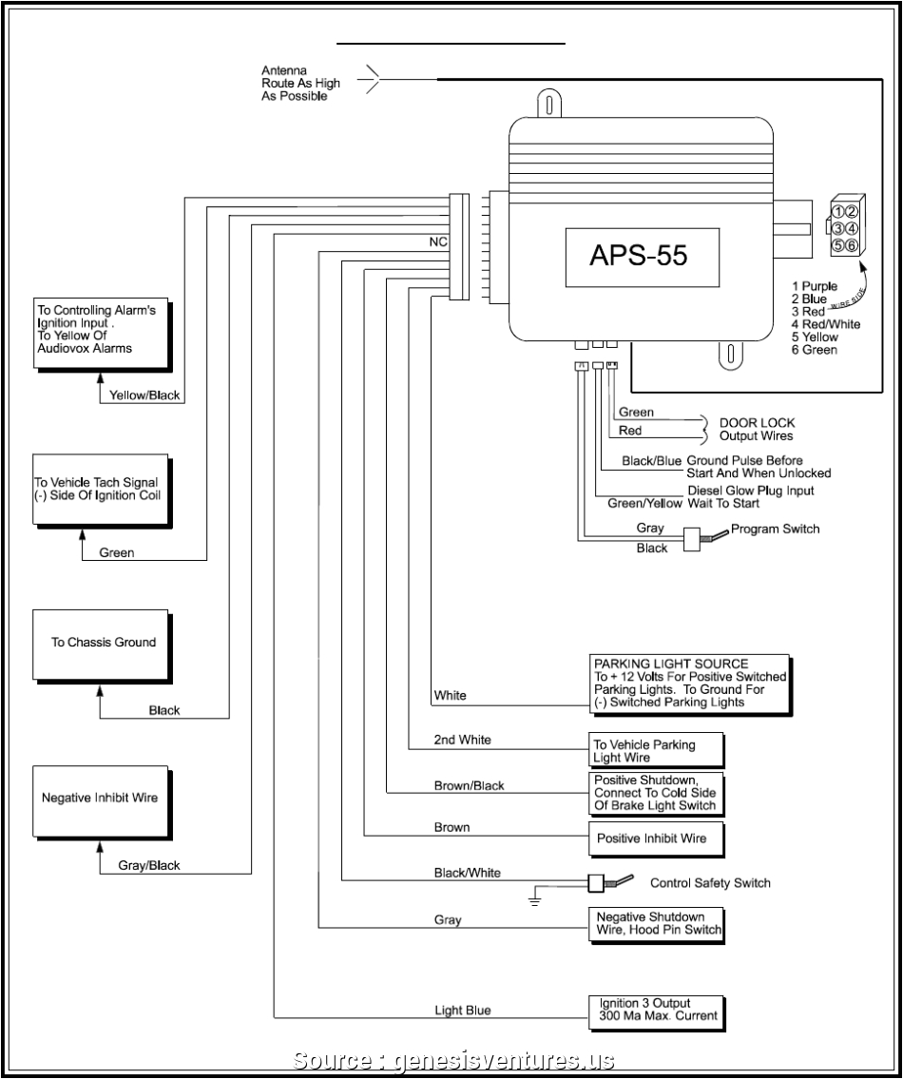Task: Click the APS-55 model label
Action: (x=638, y=257)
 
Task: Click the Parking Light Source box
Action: (x=689, y=683)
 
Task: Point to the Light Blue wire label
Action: (x=463, y=1010)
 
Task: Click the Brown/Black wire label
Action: (x=470, y=785)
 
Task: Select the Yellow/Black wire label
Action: (x=144, y=395)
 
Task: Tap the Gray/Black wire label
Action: (x=148, y=865)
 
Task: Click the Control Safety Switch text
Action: (x=709, y=883)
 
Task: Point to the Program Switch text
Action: (x=775, y=530)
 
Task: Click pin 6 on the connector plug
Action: (x=853, y=245)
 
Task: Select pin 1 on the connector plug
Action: (x=838, y=211)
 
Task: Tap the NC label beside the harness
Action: (x=437, y=242)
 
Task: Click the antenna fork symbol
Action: (x=373, y=81)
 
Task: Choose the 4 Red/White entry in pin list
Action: (x=825, y=324)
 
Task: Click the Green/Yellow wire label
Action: (x=641, y=503)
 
